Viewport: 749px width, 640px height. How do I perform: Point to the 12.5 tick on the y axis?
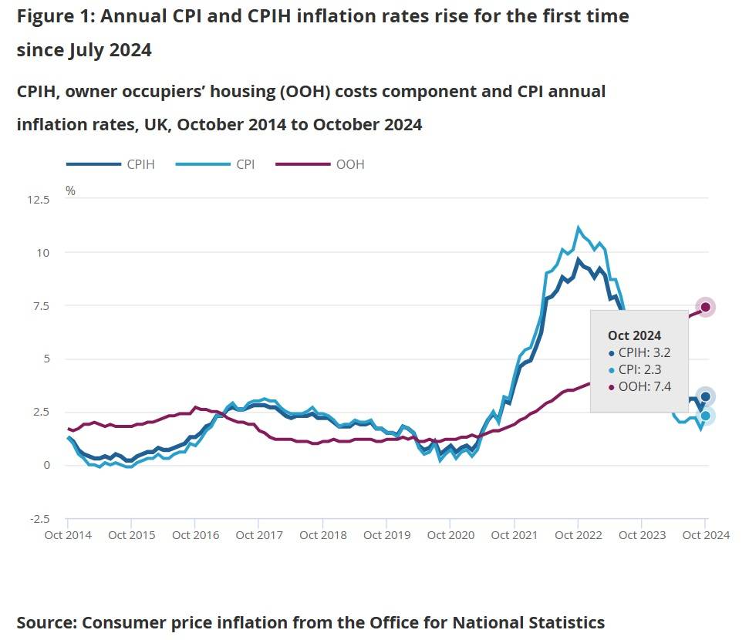(x=38, y=200)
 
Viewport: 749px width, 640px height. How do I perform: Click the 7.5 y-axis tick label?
(x=40, y=306)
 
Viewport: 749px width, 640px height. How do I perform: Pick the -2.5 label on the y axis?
(x=39, y=518)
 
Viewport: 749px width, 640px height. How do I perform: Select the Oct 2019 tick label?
(x=386, y=535)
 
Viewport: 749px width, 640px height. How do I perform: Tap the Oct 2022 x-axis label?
(x=578, y=535)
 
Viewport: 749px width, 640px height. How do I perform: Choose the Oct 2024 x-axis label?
(x=704, y=535)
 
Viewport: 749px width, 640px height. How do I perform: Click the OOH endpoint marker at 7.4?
(x=705, y=307)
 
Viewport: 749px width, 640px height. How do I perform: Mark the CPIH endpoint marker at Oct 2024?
(x=705, y=397)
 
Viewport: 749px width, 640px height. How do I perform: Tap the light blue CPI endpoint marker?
(x=705, y=416)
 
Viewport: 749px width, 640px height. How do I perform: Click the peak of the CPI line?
(x=578, y=228)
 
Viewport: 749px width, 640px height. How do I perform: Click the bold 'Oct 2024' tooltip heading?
(x=634, y=335)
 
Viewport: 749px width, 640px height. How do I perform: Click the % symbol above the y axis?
(x=70, y=190)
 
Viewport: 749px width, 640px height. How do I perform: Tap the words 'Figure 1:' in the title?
(x=52, y=16)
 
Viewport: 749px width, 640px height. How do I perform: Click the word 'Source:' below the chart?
(x=46, y=621)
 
